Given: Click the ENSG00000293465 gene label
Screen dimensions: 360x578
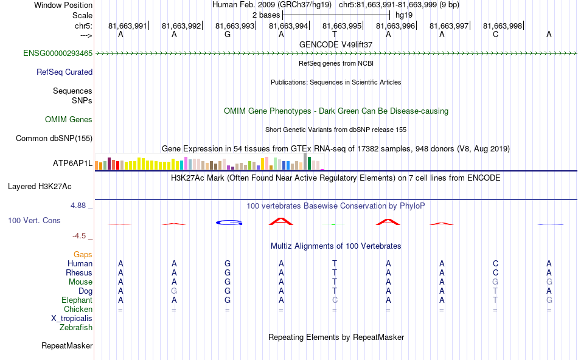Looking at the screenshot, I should pyautogui.click(x=58, y=54).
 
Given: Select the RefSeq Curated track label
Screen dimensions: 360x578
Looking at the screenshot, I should pyautogui.click(x=64, y=72).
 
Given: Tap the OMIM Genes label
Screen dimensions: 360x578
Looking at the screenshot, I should pyautogui.click(x=69, y=120).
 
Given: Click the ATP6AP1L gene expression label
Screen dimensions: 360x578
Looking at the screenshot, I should pyautogui.click(x=72, y=164).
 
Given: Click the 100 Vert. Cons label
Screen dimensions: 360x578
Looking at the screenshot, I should pyautogui.click(x=34, y=220).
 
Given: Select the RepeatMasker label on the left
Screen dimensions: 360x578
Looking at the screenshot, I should pyautogui.click(x=67, y=346).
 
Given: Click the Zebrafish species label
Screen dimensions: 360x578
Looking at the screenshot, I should pyautogui.click(x=76, y=328).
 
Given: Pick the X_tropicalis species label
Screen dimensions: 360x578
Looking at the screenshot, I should pyautogui.click(x=72, y=319).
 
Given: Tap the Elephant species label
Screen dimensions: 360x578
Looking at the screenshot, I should pyautogui.click(x=77, y=300).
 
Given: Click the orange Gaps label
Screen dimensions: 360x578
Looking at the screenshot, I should pyautogui.click(x=83, y=255).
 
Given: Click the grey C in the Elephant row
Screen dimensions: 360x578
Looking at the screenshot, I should pyautogui.click(x=335, y=300).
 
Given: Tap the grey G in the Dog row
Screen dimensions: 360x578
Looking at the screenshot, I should pyautogui.click(x=174, y=291).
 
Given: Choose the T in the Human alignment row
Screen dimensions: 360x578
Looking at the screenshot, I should pyautogui.click(x=335, y=264).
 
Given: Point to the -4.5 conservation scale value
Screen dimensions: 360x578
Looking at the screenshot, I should pyautogui.click(x=80, y=236).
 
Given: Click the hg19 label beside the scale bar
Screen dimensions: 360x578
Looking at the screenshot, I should pyautogui.click(x=403, y=15).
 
